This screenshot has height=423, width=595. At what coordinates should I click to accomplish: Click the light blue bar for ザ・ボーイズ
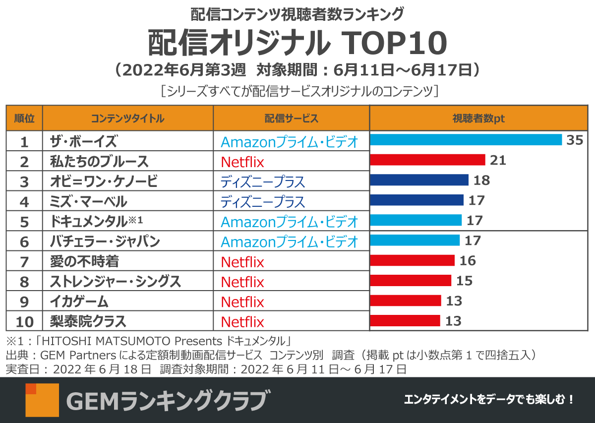tap(466, 140)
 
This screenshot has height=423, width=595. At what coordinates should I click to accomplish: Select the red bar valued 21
tap(427, 160)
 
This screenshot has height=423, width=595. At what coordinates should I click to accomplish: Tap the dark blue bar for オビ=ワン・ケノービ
tap(419, 180)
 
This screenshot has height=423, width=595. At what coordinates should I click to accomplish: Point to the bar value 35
tap(575, 140)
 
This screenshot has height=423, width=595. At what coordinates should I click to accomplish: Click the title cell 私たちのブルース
tap(99, 162)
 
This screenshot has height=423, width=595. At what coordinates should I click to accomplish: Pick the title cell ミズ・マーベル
tap(88, 202)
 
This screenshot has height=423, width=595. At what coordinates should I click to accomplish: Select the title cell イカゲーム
tap(79, 302)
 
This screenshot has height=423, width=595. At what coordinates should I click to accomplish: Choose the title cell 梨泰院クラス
tap(88, 321)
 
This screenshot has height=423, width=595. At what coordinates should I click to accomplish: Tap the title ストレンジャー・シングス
tap(116, 282)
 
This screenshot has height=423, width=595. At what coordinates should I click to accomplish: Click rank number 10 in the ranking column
tap(24, 322)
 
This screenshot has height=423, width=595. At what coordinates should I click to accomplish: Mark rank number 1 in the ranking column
tap(24, 142)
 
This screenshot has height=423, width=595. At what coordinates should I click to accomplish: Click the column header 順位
tap(24, 119)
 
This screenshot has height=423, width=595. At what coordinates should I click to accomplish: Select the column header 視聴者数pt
tap(478, 119)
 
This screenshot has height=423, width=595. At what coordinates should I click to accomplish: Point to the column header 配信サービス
tap(291, 119)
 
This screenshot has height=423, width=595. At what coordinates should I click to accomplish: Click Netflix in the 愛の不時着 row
tap(242, 262)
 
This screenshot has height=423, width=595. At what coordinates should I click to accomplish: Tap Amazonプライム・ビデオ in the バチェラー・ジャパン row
tap(289, 242)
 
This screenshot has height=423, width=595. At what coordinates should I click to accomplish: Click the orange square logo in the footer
tap(42, 400)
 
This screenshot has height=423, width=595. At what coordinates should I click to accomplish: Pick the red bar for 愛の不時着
tap(413, 260)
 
